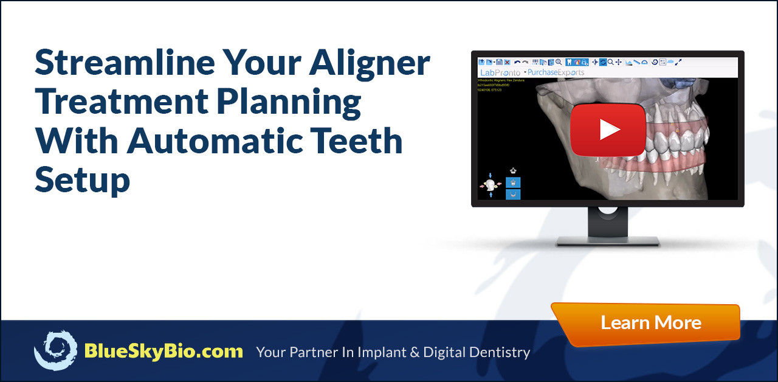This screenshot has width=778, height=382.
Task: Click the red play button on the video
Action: (x=607, y=130)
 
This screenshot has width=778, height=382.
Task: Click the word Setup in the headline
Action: (x=82, y=180)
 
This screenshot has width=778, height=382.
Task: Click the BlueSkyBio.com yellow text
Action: (x=164, y=351)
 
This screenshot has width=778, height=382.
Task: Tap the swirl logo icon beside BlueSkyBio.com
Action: (x=55, y=350)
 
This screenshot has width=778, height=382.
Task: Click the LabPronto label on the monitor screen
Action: (x=500, y=72)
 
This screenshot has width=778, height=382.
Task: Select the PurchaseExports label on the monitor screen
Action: (x=556, y=72)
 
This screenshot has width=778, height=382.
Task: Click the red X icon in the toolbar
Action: (x=507, y=62)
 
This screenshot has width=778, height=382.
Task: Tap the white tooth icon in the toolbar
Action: (x=569, y=62)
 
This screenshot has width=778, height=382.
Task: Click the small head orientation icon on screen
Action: (x=491, y=184)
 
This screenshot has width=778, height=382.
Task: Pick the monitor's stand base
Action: (x=607, y=241)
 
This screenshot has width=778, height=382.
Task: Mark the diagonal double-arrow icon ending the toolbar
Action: (x=679, y=62)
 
